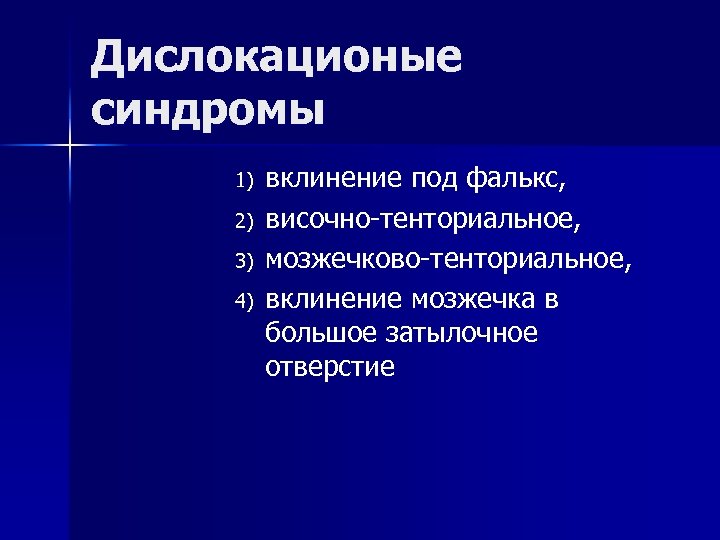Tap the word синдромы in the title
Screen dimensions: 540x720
(208, 107)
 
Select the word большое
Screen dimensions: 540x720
(326, 333)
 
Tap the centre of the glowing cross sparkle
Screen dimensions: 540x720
(70, 147)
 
